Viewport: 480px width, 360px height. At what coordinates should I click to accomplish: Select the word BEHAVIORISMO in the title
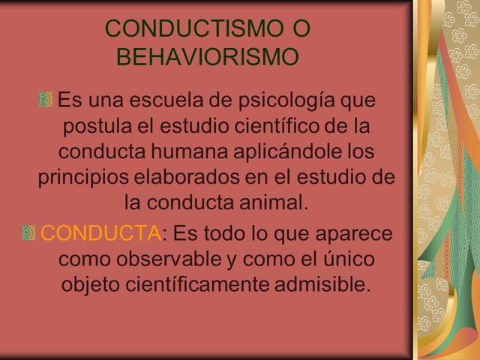tap(208, 57)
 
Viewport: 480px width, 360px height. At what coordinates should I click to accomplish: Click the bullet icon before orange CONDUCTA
tap(29, 233)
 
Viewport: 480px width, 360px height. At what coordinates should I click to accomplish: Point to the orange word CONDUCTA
tap(100, 233)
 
